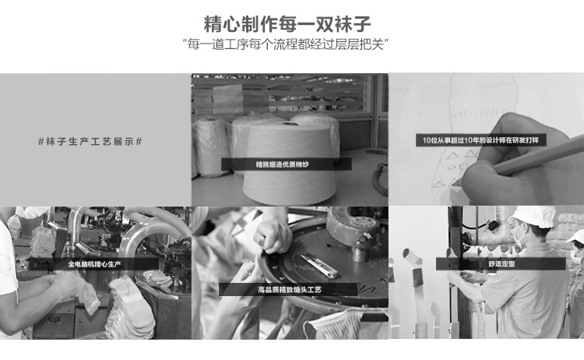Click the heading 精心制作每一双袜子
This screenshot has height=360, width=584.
coord(287,25)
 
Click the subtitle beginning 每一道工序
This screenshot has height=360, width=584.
coord(286,44)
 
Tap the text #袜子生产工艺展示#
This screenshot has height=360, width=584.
coord(90,142)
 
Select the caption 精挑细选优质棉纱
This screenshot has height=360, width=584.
coord(282,164)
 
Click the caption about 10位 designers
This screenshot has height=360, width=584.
coord(480,140)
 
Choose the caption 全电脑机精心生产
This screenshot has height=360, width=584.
coord(94,264)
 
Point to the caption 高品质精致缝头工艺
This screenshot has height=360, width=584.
coord(289,290)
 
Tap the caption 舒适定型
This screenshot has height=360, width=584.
coord(501,264)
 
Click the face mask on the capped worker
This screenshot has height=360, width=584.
coord(519,235)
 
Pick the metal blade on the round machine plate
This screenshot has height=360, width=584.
coord(319,266)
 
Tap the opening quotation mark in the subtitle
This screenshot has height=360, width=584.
coord(185,41)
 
